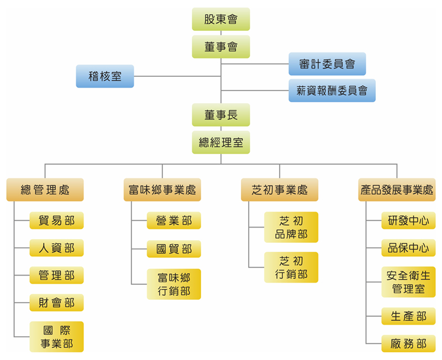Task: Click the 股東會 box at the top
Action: pyautogui.click(x=221, y=19)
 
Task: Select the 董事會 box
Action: pyautogui.click(x=221, y=47)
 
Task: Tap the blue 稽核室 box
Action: pyautogui.click(x=105, y=76)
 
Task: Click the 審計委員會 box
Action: pyautogui.click(x=327, y=64)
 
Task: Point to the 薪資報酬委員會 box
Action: pyautogui.click(x=332, y=91)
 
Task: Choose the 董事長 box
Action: pyautogui.click(x=221, y=115)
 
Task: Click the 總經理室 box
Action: pyautogui.click(x=221, y=142)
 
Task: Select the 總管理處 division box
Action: pyautogui.click(x=45, y=190)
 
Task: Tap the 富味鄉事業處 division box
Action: pyautogui.click(x=162, y=190)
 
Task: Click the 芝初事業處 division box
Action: pyautogui.click(x=280, y=190)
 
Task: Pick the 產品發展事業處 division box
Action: pyautogui.click(x=397, y=190)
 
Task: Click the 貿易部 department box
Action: pyautogui.click(x=57, y=221)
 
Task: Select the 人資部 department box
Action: pyautogui.click(x=57, y=248)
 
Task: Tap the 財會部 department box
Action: pyautogui.click(x=57, y=303)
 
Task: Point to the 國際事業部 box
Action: pyautogui.click(x=57, y=337)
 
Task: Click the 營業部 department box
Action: pyautogui.click(x=174, y=221)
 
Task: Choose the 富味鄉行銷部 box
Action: pyautogui.click(x=174, y=284)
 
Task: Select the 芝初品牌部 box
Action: pyautogui.click(x=291, y=227)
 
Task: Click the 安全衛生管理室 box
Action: pyautogui.click(x=408, y=282)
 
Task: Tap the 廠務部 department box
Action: pyautogui.click(x=408, y=343)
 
